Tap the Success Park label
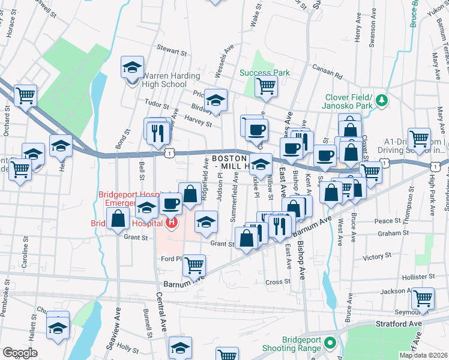(265, 73)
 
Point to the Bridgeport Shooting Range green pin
(329, 343)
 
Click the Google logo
(20, 353)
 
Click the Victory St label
(377, 257)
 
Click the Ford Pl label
(171, 259)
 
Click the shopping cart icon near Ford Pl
(194, 264)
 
